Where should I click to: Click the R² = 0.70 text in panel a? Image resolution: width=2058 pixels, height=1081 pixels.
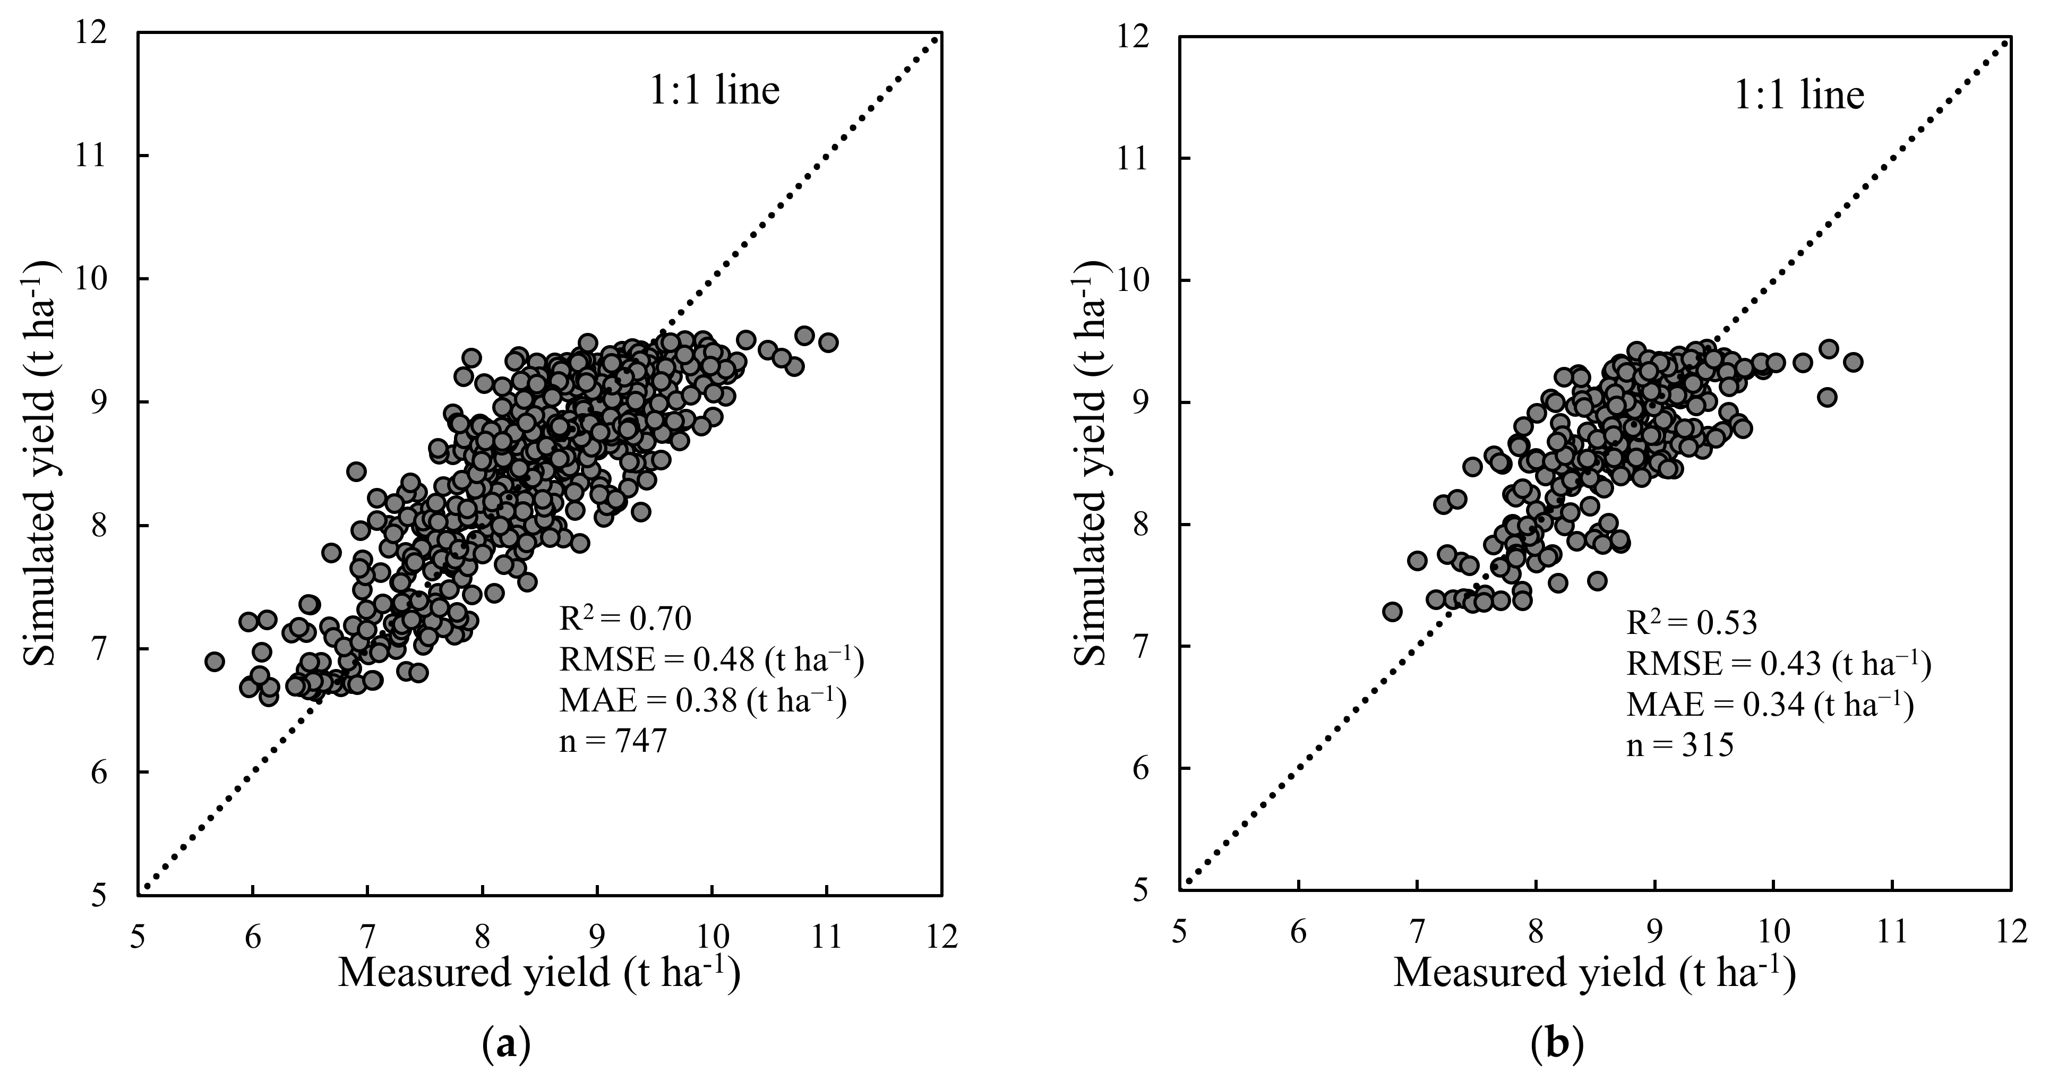pyautogui.click(x=624, y=619)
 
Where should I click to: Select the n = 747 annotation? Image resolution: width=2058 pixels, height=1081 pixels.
pyautogui.click(x=612, y=742)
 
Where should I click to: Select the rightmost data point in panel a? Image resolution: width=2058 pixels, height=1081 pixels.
pyautogui.click(x=828, y=342)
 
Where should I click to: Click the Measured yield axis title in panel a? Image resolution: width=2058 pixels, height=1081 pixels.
pyautogui.click(x=538, y=974)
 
